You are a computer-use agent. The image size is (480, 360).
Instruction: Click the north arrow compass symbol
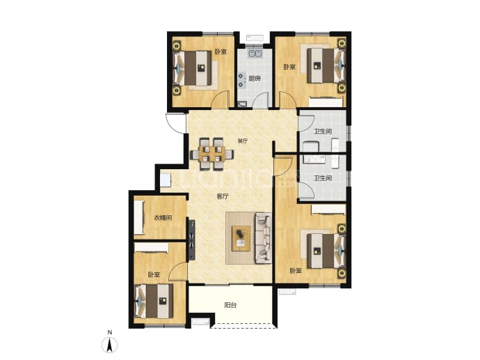coord(109,345)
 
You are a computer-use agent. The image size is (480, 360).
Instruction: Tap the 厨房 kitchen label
coord(255,79)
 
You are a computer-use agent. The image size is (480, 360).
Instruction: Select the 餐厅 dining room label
coord(243,141)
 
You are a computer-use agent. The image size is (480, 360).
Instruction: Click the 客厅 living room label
coord(223,196)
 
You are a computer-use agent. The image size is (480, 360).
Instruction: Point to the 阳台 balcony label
coord(230,305)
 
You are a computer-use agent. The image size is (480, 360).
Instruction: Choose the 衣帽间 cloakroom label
coord(163,218)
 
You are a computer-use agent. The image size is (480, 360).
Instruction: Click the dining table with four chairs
coord(211,154)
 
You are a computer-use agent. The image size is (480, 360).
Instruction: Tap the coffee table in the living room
coord(241,239)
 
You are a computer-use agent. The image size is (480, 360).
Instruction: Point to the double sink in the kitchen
coord(255,54)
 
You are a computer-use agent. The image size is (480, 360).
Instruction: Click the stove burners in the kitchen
coord(241,80)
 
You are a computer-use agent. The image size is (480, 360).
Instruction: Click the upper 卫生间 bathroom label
coord(323,132)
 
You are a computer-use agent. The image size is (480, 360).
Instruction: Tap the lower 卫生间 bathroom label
coord(323,178)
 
